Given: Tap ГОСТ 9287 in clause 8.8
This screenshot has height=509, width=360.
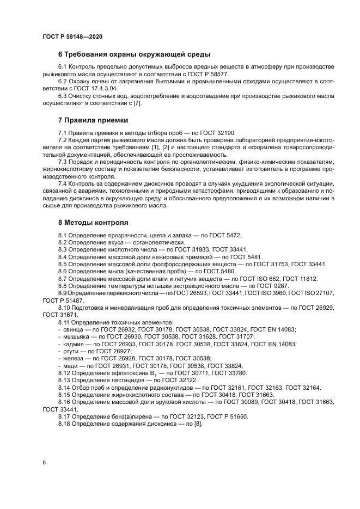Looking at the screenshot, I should point(270,286).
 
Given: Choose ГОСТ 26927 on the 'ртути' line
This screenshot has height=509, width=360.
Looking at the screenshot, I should point(106,352).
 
